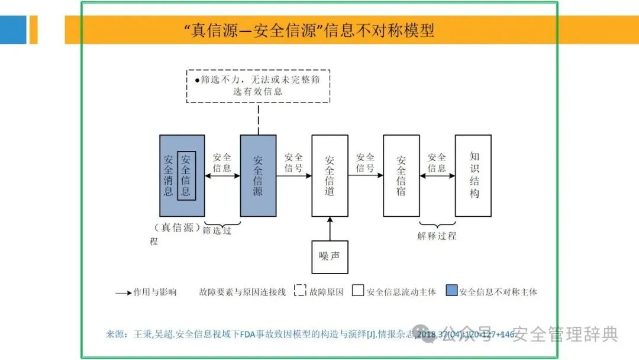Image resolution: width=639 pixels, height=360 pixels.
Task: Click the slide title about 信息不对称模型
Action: (x=309, y=30)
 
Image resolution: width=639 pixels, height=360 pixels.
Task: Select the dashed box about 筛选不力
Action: (x=258, y=86)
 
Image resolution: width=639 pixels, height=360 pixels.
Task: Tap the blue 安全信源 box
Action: (x=258, y=175)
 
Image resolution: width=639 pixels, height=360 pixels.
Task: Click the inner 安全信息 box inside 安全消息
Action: (x=186, y=175)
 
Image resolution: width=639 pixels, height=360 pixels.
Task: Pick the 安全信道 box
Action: (x=330, y=175)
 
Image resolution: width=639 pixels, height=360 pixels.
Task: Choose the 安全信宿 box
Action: (x=401, y=175)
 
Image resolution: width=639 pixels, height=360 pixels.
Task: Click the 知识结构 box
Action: (x=473, y=175)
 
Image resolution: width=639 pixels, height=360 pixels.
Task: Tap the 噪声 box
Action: (x=330, y=256)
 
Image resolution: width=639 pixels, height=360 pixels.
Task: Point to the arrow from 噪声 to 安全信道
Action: (x=330, y=229)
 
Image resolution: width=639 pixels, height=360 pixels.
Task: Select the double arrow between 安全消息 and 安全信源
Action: (x=222, y=176)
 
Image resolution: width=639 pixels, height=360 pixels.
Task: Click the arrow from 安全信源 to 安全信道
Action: (x=293, y=176)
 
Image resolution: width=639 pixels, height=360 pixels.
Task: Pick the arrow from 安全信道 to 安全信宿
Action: (x=365, y=176)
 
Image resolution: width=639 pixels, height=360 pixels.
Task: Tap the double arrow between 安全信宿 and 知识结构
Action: (x=437, y=176)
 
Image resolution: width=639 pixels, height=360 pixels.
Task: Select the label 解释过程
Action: (x=437, y=236)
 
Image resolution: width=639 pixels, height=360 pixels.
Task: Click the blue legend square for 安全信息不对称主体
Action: (x=452, y=291)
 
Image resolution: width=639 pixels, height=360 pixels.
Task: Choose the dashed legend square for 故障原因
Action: (x=300, y=291)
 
